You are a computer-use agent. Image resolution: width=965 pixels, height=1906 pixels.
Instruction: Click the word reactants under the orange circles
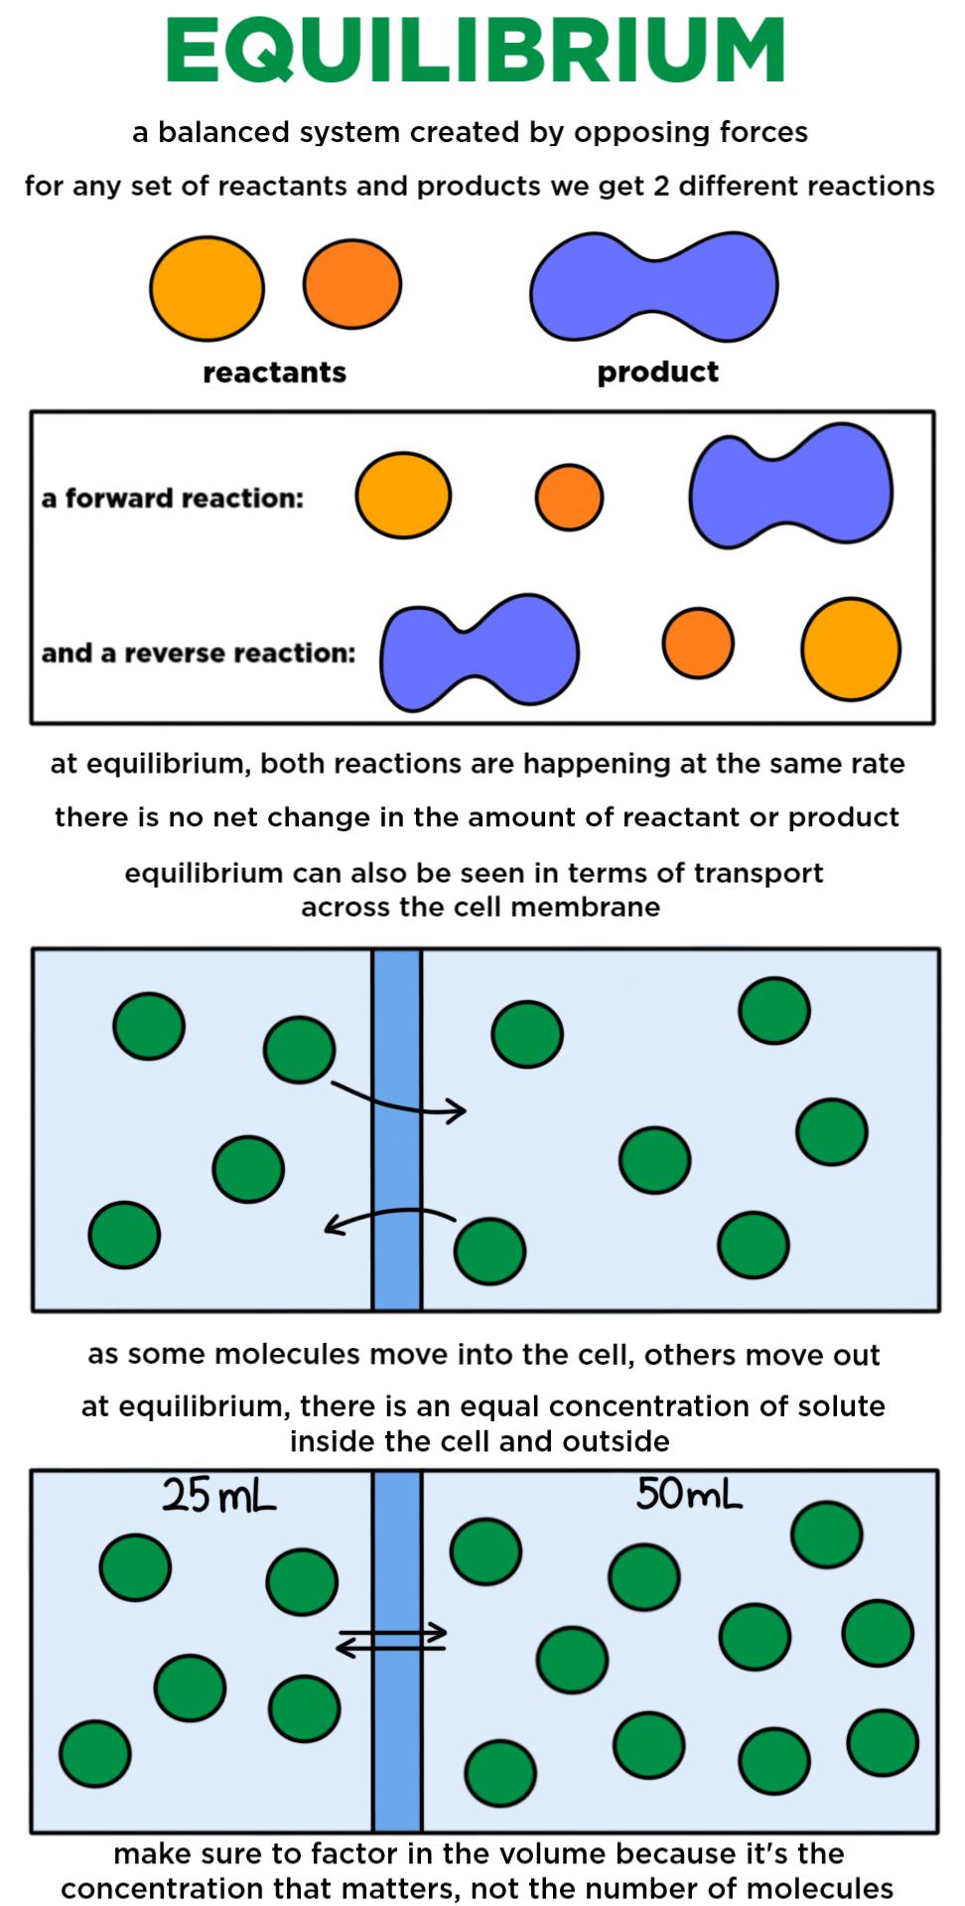coord(274,372)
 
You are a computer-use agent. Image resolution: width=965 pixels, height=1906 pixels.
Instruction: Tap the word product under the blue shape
coord(657,372)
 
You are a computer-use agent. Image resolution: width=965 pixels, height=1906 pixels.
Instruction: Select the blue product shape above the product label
coord(653,286)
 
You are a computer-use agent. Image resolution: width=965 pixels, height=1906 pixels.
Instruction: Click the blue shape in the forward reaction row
coord(791,487)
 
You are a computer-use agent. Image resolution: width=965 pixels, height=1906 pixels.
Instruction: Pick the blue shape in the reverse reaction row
coord(480,653)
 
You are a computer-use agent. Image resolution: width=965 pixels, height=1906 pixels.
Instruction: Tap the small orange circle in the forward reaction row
coord(569,497)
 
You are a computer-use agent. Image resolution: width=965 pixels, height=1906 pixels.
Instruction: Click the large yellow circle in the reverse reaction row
coord(851,649)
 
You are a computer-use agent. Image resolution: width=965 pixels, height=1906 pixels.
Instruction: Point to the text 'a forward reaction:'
coord(172,498)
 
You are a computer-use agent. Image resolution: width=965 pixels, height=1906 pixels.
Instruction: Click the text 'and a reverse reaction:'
coord(199,653)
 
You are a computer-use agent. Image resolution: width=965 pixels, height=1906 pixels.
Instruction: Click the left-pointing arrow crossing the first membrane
coord(390,1221)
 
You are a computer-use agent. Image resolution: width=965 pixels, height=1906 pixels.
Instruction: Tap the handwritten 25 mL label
coord(219,1496)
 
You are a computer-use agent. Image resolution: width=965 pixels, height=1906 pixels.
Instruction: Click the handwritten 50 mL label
coord(689,1493)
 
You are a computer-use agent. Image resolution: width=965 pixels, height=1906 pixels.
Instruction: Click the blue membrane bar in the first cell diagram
coord(397,1129)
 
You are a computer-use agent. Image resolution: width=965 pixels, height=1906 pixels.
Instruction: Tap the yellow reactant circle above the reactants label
coord(207,288)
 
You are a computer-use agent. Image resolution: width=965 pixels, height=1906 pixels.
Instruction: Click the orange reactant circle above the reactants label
coord(352,284)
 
